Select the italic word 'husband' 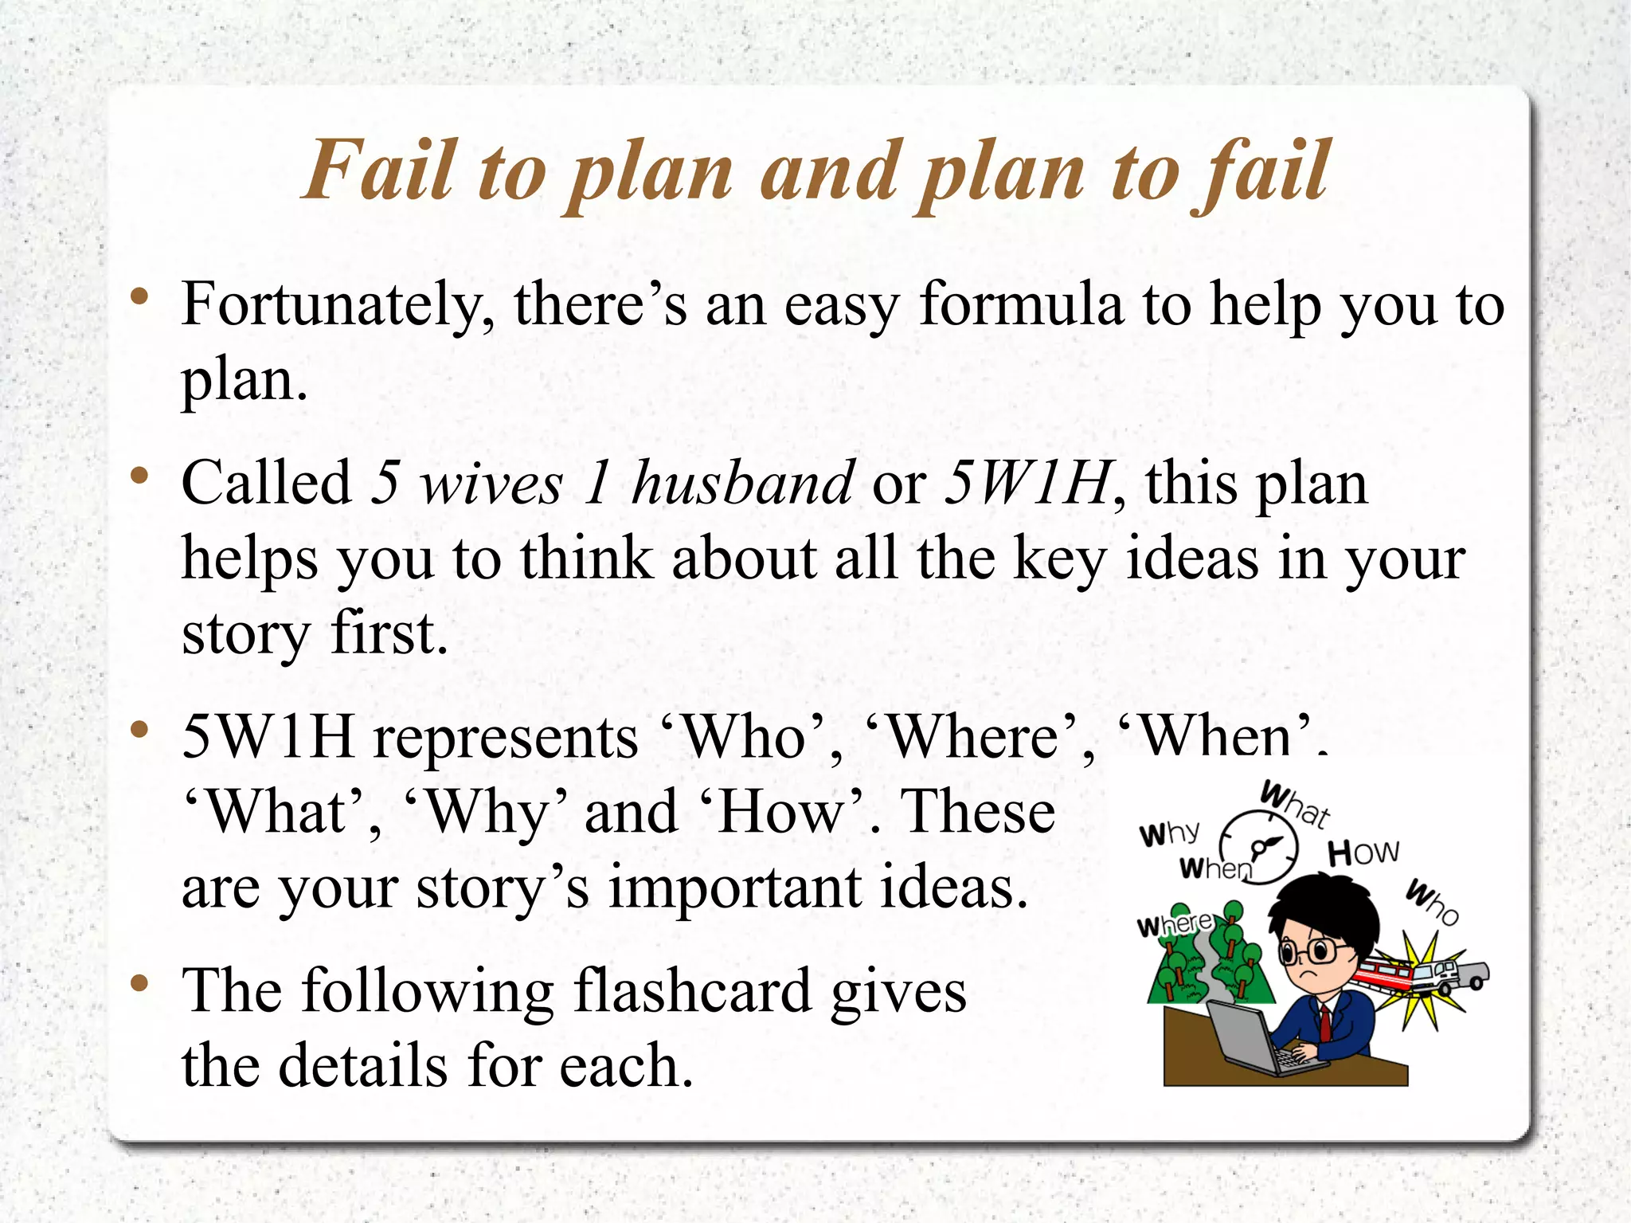tap(742, 484)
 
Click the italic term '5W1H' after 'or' tap(1028, 484)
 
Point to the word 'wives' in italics tap(491, 484)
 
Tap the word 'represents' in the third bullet tap(506, 737)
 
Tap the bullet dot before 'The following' tap(140, 984)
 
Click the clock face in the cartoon tap(1259, 846)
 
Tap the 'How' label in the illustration tap(1363, 853)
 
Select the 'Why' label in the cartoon tap(1168, 833)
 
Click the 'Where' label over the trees tap(1174, 925)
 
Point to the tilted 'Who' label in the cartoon tap(1431, 902)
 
